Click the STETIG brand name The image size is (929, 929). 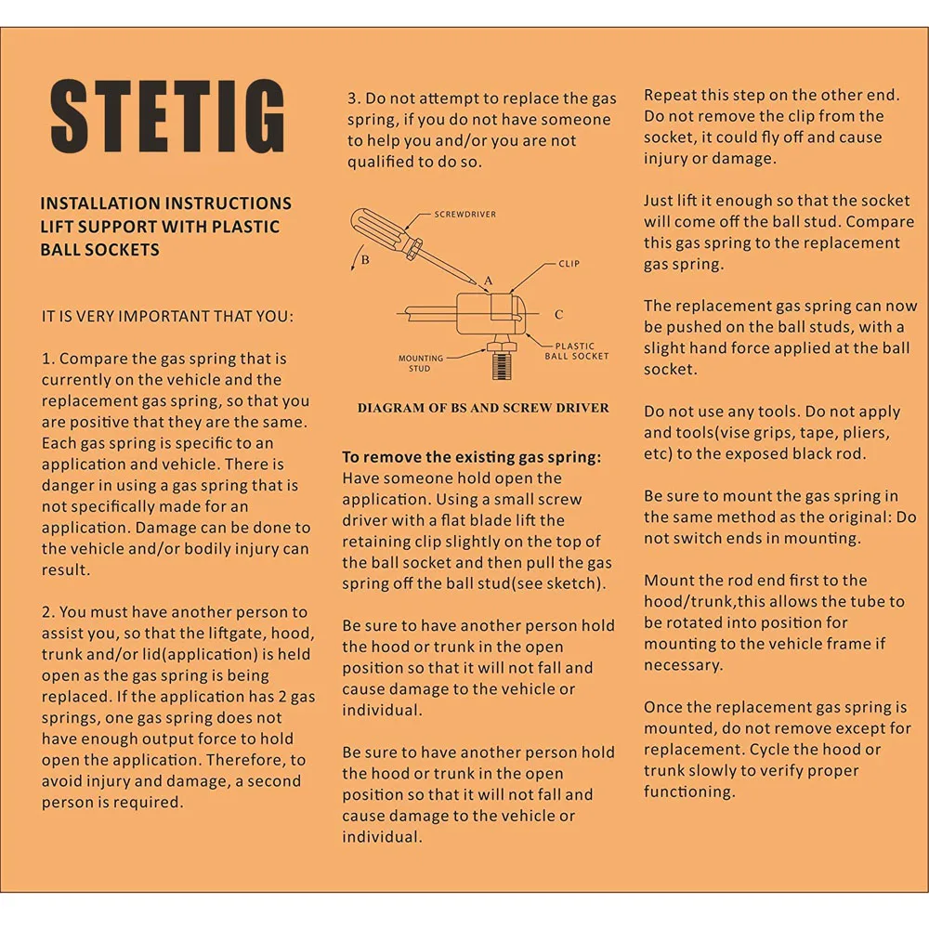click(167, 118)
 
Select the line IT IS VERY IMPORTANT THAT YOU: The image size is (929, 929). click(167, 316)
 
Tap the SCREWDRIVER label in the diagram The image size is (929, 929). click(464, 215)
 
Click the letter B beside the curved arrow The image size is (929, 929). click(365, 260)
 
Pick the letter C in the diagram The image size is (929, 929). click(558, 315)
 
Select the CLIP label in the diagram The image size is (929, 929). click(569, 264)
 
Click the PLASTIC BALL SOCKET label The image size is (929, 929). click(576, 350)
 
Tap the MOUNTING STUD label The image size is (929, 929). click(420, 362)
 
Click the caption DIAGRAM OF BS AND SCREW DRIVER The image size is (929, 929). click(483, 407)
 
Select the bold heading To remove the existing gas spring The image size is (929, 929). click(471, 457)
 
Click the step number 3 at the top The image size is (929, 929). click(353, 98)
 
